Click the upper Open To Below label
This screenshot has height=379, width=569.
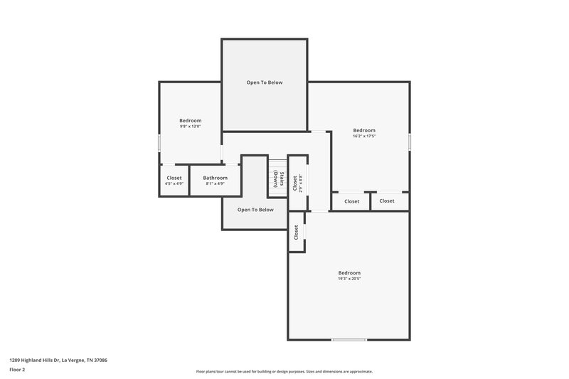pos(265,82)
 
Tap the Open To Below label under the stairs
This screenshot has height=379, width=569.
pos(255,210)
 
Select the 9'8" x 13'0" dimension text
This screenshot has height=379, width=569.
pos(190,127)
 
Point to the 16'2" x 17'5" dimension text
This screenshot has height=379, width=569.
pos(364,137)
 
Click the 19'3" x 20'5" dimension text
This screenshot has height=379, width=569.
pos(349,279)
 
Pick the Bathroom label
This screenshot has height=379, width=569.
pos(215,178)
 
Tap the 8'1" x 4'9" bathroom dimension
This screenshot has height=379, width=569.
pos(215,184)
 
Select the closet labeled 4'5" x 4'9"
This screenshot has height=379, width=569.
pos(174,181)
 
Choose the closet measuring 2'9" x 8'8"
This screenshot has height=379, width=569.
pos(297,183)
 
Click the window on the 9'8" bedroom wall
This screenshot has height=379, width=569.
pos(159,142)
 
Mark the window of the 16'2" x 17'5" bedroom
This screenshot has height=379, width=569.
pos(410,142)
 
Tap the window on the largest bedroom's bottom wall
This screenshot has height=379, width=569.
pos(349,340)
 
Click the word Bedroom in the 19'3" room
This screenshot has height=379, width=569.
pos(349,273)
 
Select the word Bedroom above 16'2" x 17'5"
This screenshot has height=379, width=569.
pos(364,130)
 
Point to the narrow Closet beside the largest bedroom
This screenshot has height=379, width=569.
pos(297,232)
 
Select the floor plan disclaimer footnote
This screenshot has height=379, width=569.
pos(284,371)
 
